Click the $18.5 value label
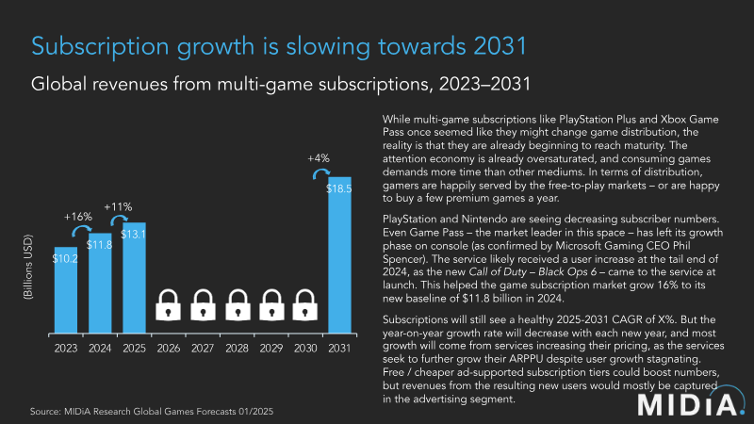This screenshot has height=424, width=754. (x=340, y=188)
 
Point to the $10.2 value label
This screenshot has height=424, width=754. (x=64, y=257)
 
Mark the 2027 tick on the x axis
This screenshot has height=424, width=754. (x=203, y=348)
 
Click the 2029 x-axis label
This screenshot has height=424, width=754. (x=271, y=348)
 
